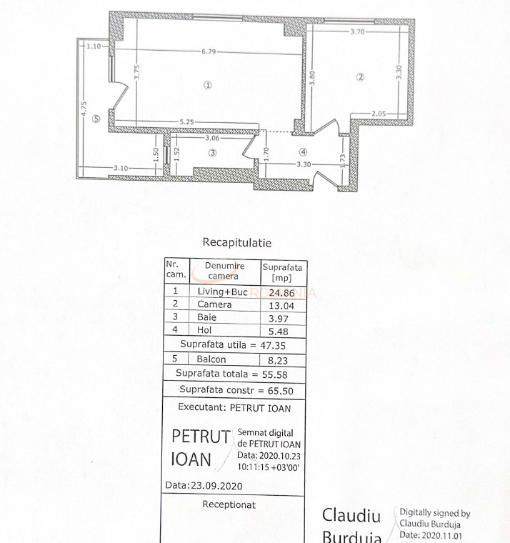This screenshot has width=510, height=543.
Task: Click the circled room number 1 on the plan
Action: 208,84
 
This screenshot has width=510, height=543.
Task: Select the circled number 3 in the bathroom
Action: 212,152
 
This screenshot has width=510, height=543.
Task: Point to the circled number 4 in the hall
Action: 303,151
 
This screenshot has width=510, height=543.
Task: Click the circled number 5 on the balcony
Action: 96,119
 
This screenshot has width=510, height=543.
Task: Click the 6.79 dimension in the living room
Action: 209,51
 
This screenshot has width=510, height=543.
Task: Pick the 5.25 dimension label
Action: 188,122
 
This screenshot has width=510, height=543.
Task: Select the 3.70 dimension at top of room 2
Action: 358,31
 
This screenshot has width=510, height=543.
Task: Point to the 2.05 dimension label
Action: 379,114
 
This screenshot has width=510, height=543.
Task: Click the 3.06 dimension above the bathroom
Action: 212,138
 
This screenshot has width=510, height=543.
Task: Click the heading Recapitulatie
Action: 236,243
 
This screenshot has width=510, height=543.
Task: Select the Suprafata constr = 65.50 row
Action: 236,390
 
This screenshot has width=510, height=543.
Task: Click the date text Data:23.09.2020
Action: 204,484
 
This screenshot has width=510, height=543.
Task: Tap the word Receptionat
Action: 229,504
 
